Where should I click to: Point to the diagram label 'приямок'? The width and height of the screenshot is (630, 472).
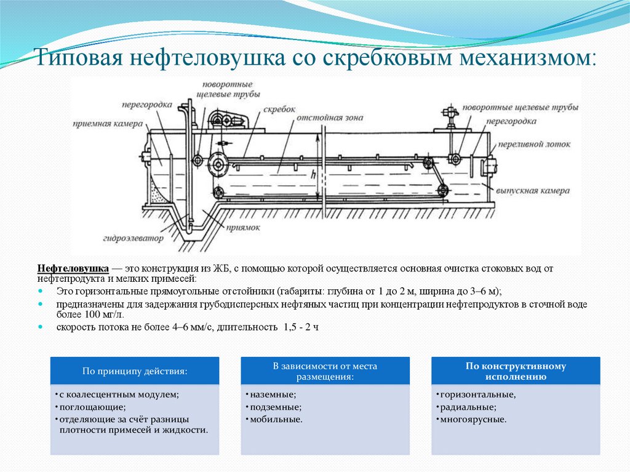243,227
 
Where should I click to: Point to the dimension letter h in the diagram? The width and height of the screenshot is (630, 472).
314,175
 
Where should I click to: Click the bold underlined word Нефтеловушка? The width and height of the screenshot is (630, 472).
73,269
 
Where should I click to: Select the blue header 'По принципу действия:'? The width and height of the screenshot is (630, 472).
135,372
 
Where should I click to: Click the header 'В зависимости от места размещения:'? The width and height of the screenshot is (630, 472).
325,371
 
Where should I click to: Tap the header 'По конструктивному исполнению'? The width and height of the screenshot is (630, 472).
516,371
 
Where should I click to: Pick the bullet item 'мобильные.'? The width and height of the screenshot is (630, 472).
276,419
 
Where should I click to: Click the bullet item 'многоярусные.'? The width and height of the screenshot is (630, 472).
472,419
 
